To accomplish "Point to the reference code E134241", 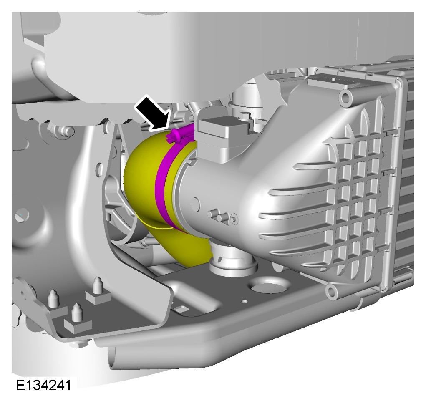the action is pyautogui.click(x=44, y=385).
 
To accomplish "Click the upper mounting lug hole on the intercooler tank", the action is pyautogui.click(x=345, y=97).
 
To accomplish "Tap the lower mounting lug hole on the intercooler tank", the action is pyautogui.click(x=332, y=292).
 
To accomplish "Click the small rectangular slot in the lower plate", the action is pyautogui.click(x=181, y=309).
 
